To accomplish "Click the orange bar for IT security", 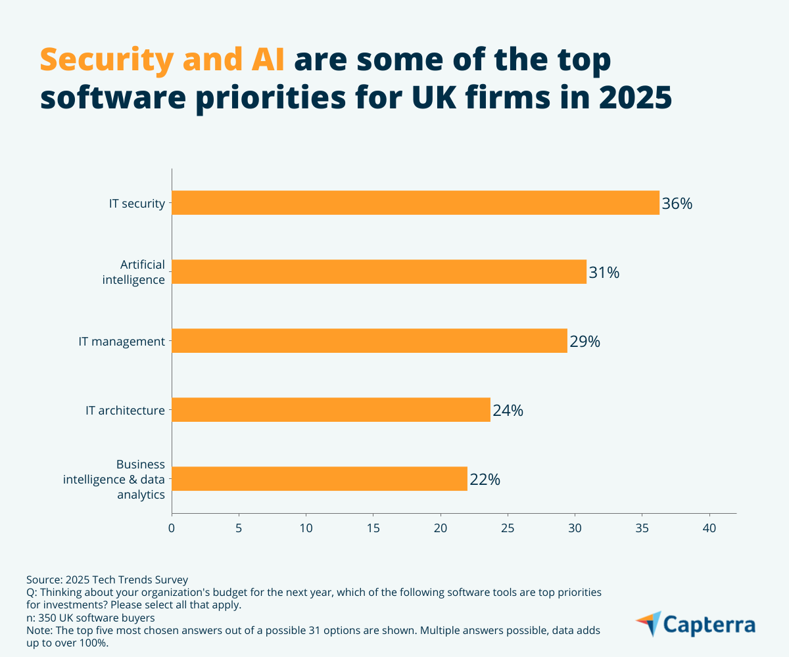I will coord(416,202).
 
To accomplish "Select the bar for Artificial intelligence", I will coord(379,271).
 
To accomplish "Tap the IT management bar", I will coord(370,341).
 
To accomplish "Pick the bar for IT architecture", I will coord(331,410).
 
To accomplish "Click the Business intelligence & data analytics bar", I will coord(320,479).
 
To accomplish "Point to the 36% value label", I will coord(677,204).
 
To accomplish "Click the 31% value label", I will coord(604,273).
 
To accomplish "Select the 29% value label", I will coord(585,342).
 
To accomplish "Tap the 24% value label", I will coord(508,411).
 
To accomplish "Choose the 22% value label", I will coord(485,480).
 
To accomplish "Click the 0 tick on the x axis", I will coord(172,528).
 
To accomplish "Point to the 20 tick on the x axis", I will coord(441,528).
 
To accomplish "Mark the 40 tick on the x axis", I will coord(709,528).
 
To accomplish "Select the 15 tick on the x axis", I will coord(373,528).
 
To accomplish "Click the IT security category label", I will coord(137,203).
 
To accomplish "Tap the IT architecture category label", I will coord(125,411).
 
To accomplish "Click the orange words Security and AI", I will coord(162,60).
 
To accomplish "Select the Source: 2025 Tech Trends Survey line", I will coord(107,579).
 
